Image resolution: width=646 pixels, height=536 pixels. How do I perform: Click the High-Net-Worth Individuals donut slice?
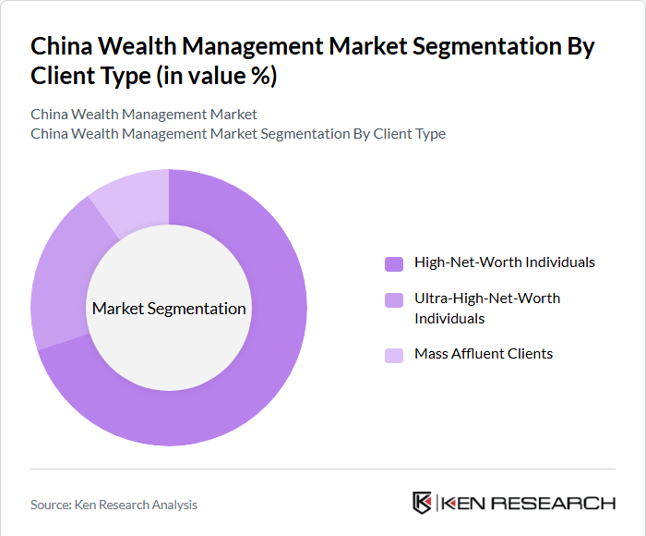pos(268,370)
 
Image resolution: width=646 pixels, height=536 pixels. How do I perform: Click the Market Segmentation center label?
pos(169,309)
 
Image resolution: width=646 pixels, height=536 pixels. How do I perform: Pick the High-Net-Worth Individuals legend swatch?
pos(394,263)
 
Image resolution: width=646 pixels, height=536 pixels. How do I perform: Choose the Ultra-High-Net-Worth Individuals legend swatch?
pos(394,299)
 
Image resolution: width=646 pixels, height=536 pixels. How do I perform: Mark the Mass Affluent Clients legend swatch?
pos(394,355)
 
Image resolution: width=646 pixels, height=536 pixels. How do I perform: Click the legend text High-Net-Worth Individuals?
pos(505,262)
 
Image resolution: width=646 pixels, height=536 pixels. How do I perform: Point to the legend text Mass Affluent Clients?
pos(484,354)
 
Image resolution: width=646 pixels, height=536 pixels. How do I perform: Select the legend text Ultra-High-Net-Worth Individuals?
pos(487,309)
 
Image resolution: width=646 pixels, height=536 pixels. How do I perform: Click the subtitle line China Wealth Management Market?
pos(144,115)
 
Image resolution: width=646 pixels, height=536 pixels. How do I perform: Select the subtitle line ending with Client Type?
pos(238,134)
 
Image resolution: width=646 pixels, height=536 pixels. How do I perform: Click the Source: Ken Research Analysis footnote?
pos(114,505)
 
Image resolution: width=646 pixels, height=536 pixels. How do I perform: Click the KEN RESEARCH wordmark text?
pos(529,504)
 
